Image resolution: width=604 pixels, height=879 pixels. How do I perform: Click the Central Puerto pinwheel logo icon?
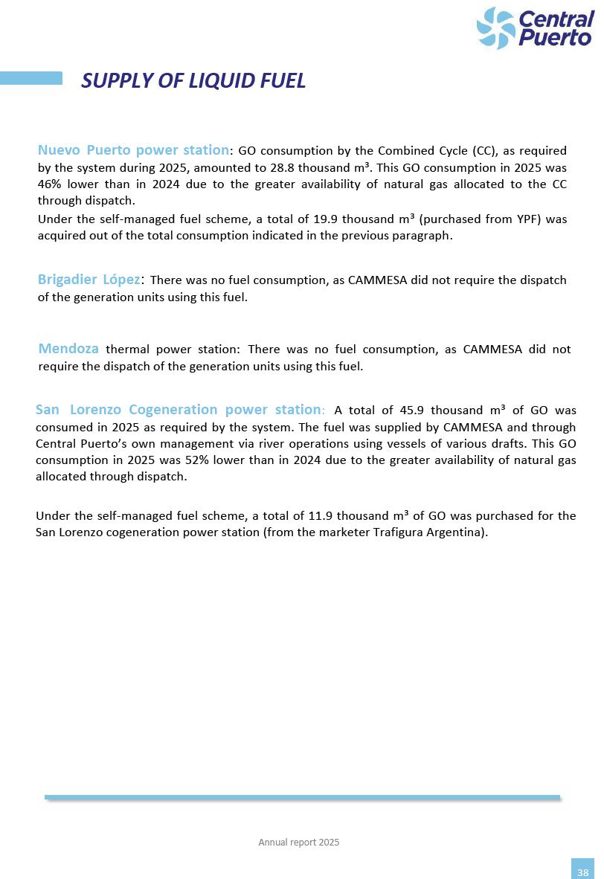coord(495,28)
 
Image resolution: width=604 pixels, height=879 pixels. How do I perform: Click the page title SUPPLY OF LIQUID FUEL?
coord(193,80)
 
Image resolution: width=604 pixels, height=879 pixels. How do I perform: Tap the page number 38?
coord(582,872)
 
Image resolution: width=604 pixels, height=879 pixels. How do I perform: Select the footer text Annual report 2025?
coord(298,842)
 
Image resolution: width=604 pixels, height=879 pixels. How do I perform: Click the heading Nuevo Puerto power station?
coord(133,150)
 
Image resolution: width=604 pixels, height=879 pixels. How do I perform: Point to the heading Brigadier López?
coord(89,280)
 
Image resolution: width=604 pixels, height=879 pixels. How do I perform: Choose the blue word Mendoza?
coord(68,349)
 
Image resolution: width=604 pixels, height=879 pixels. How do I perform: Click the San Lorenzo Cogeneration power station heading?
coord(178,410)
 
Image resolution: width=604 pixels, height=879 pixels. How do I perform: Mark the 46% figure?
coord(49,184)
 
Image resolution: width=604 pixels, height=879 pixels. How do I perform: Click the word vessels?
coord(396,444)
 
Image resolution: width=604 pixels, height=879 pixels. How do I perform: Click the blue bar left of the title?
coord(31,78)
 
